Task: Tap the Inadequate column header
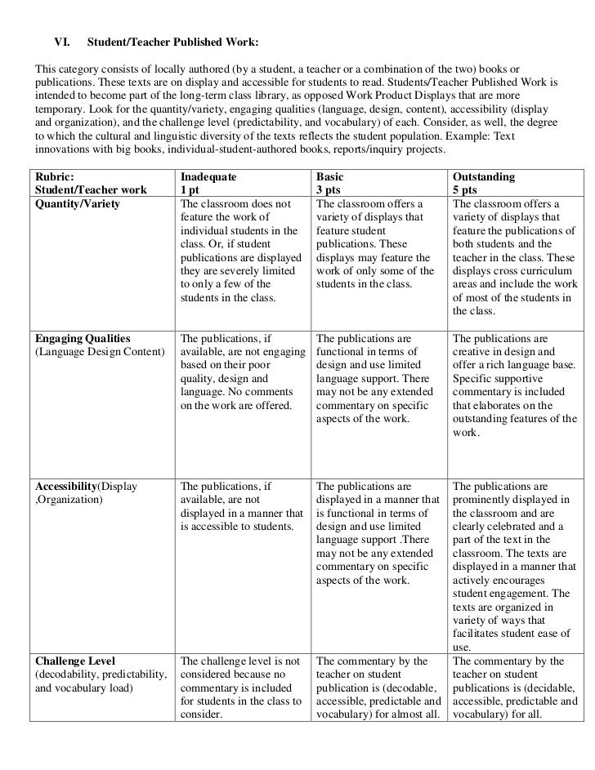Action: tap(208, 176)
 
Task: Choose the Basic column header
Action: tap(330, 176)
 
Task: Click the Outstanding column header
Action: tap(484, 176)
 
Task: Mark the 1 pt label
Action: tap(190, 190)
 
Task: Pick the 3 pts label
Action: tap(329, 190)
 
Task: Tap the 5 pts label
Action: tap(466, 190)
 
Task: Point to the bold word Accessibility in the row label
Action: tap(65, 487)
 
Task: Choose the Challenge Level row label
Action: tap(75, 661)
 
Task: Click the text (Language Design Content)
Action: tap(98, 352)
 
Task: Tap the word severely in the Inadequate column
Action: tap(248, 272)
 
